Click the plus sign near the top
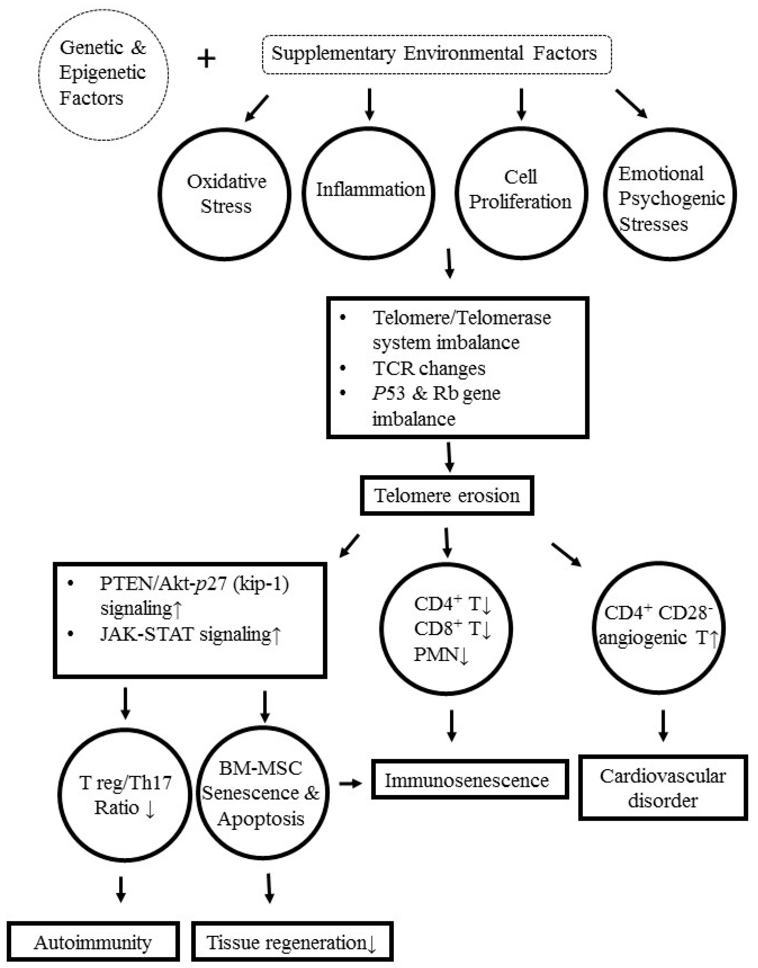[207, 59]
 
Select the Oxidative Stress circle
[225, 194]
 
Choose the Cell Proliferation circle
[521, 193]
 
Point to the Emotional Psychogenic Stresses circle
[670, 194]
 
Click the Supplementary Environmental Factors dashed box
[437, 54]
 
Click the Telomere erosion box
[446, 495]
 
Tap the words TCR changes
[428, 368]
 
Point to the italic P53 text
[388, 393]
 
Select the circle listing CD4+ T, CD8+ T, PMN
[446, 629]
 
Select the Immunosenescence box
[470, 780]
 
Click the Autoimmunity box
[93, 942]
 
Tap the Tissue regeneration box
[292, 942]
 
